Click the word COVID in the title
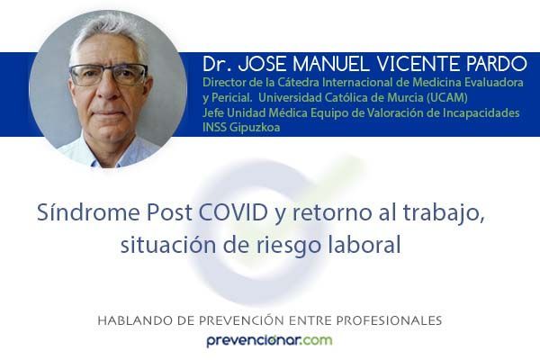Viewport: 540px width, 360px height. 233,212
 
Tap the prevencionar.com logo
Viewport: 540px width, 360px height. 269,341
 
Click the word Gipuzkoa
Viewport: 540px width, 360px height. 255,128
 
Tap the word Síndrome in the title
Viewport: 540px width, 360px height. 88,212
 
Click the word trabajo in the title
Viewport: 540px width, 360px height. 444,213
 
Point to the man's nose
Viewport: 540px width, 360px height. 109,91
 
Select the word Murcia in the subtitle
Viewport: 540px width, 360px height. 405,98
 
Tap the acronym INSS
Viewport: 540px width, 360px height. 214,128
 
